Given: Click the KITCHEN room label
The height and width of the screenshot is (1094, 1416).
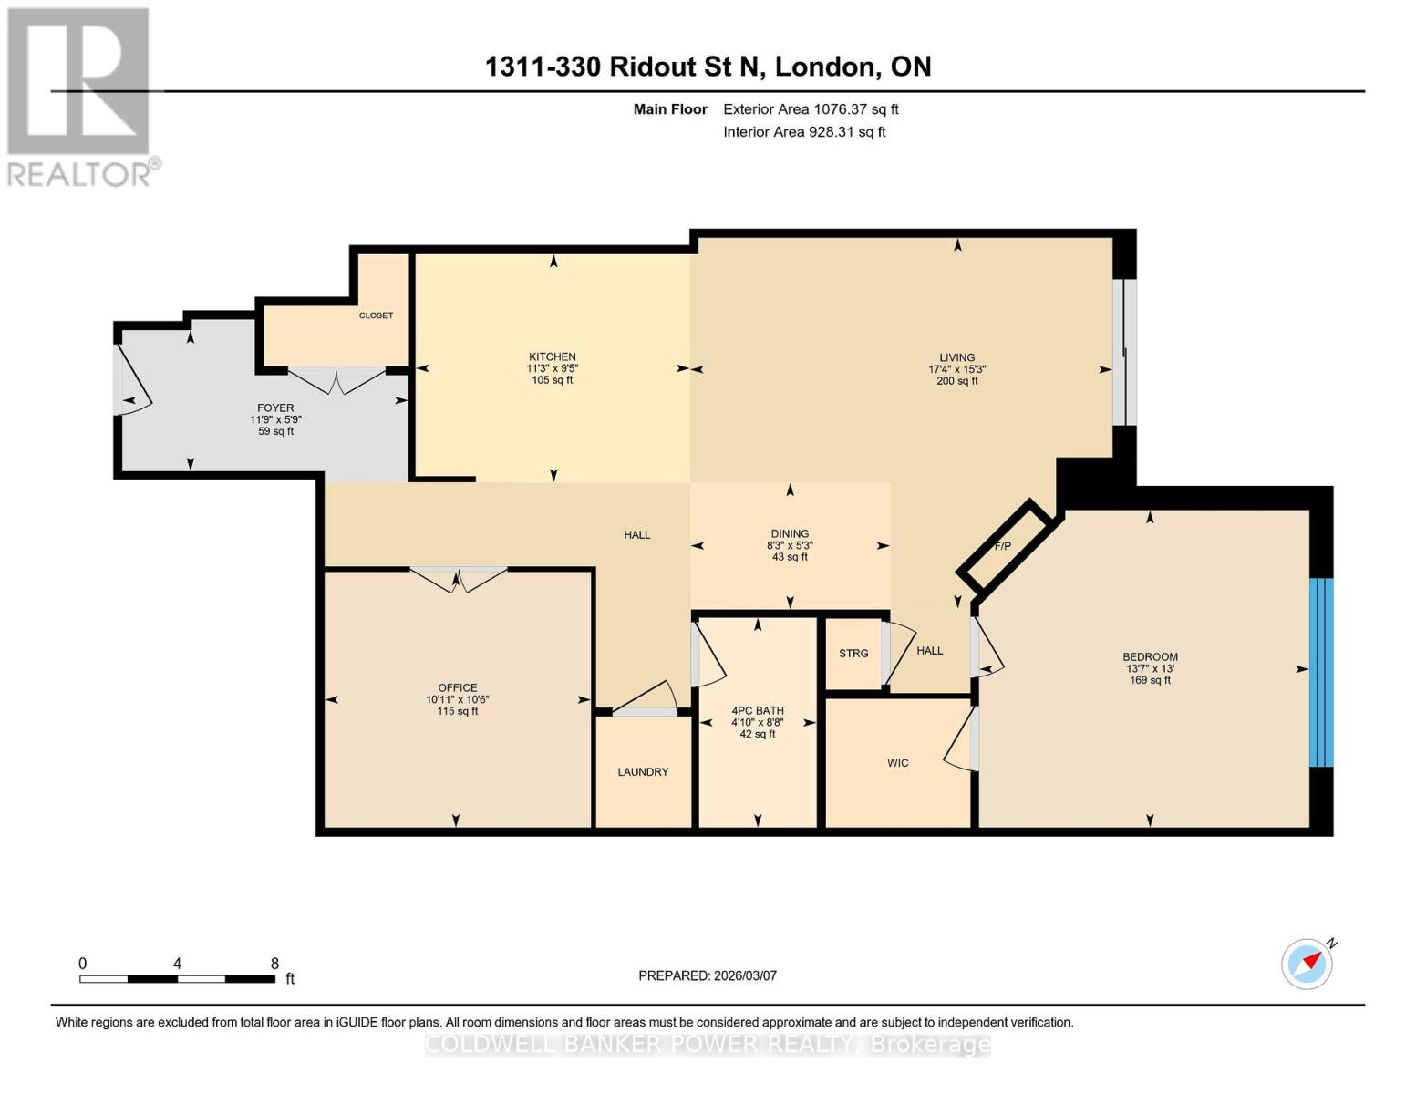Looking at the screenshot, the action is pyautogui.click(x=552, y=356).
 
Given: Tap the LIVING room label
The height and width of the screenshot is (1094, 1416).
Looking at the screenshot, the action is pyautogui.click(x=956, y=357).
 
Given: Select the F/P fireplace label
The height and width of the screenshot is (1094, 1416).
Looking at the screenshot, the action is pyautogui.click(x=1002, y=545).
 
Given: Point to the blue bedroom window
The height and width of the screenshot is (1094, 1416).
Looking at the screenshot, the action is pyautogui.click(x=1321, y=672).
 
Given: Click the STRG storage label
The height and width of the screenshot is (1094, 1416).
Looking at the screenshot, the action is pyautogui.click(x=853, y=653).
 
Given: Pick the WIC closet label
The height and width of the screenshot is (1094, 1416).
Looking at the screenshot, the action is pyautogui.click(x=897, y=762).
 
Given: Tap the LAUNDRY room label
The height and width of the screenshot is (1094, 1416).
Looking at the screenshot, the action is pyautogui.click(x=643, y=771).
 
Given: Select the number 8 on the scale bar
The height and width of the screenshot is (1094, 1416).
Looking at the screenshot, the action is pyautogui.click(x=274, y=964).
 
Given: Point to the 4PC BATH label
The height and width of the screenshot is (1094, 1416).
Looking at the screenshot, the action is pyautogui.click(x=757, y=710).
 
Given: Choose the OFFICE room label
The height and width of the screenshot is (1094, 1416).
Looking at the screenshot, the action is pyautogui.click(x=458, y=687).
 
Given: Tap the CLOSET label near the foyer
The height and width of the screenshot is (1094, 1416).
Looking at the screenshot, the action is pyautogui.click(x=376, y=315).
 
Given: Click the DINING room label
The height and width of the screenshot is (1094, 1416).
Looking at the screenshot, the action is pyautogui.click(x=790, y=533).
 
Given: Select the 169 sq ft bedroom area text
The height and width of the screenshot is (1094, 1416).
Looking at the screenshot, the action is pyautogui.click(x=1150, y=679).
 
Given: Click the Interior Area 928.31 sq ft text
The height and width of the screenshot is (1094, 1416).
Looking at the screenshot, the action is pyautogui.click(x=804, y=131).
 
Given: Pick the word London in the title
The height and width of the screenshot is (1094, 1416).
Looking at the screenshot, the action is pyautogui.click(x=825, y=67).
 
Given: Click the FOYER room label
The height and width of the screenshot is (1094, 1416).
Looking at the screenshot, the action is pyautogui.click(x=275, y=408).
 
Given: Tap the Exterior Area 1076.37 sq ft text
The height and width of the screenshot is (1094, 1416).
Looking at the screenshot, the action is pyautogui.click(x=811, y=108).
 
